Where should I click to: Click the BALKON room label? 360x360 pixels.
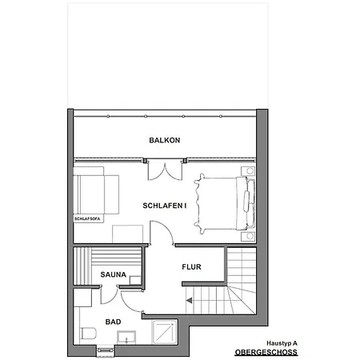click(x=165, y=140)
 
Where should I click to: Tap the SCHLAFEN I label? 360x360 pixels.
click(x=165, y=206)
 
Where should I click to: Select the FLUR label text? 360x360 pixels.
click(x=191, y=267)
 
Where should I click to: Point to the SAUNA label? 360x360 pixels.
click(x=114, y=274)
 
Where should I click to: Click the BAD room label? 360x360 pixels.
click(x=113, y=322)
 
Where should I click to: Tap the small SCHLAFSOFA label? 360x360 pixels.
click(x=87, y=219)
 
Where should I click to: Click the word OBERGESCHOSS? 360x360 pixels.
click(x=266, y=352)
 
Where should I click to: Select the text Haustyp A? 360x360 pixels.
click(x=282, y=343)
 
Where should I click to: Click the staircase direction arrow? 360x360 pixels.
click(x=189, y=301)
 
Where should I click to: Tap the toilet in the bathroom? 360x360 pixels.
click(x=88, y=334)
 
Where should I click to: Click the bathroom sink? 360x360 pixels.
click(x=126, y=338)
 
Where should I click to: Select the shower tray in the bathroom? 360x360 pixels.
click(x=165, y=332)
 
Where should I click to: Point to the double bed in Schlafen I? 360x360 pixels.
click(x=225, y=203)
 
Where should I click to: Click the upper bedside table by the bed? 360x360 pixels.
click(x=248, y=170)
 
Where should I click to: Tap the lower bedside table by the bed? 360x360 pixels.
click(x=248, y=237)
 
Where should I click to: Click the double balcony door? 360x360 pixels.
click(x=166, y=170)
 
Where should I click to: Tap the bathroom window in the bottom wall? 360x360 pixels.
click(x=106, y=350)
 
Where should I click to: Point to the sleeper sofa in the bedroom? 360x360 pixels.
click(x=96, y=194)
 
